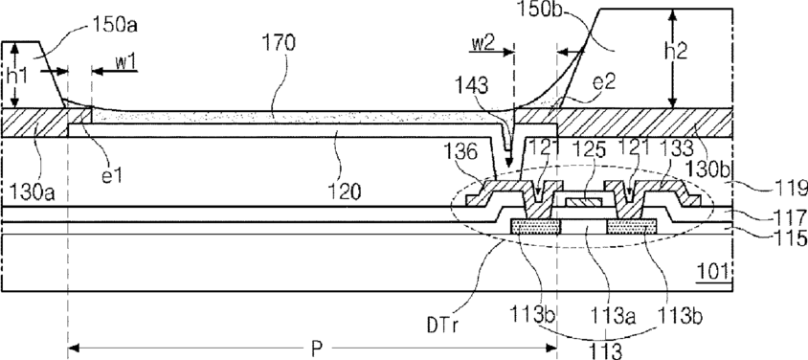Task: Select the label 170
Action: coord(279,44)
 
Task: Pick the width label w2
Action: coord(483,42)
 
